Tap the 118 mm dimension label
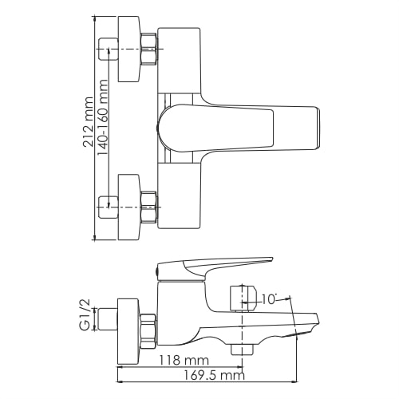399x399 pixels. [x=183, y=361]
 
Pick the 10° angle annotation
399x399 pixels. [x=269, y=300]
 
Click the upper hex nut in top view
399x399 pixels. [x=149, y=50]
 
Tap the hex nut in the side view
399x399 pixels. [x=148, y=328]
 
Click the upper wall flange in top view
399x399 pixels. [x=129, y=50]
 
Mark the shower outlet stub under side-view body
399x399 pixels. [x=239, y=349]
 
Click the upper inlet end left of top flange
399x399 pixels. [x=107, y=49]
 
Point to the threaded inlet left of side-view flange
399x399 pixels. [x=106, y=322]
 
